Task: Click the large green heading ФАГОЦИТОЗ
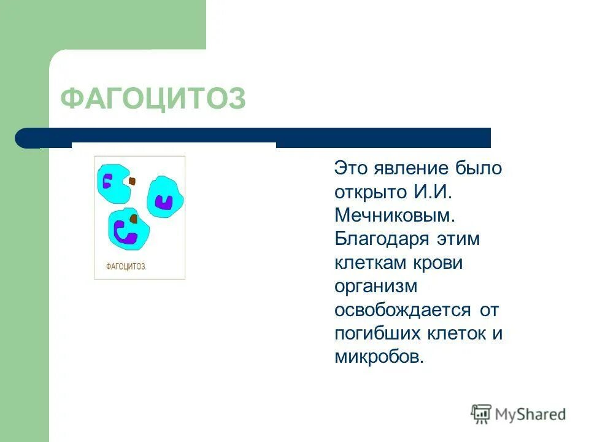pyautogui.click(x=153, y=98)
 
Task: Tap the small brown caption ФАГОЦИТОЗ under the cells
pyautogui.click(x=126, y=266)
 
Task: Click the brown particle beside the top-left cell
pyautogui.click(x=132, y=181)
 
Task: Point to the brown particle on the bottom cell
pyautogui.click(x=133, y=219)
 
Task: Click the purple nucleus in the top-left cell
pyautogui.click(x=107, y=181)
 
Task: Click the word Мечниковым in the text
pyautogui.click(x=395, y=215)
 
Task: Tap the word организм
pyautogui.click(x=376, y=286)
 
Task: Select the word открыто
pyautogui.click(x=367, y=192)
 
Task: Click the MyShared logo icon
pyautogui.click(x=482, y=414)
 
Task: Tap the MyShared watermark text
pyautogui.click(x=531, y=414)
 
